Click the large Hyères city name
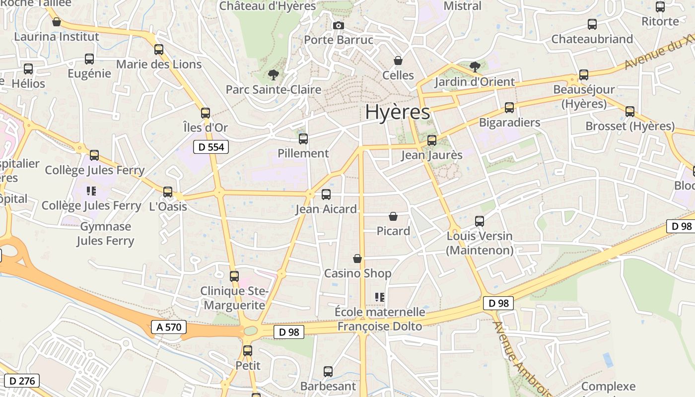coord(398,112)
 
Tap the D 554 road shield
coord(211,146)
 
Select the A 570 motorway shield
coord(169,327)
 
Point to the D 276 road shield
coord(22,381)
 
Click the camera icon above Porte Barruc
coord(339,25)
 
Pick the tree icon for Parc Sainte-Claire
coord(273,75)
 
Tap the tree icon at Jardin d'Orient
coord(475,66)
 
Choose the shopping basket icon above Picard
coord(393,216)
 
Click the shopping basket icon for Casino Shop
coord(357,259)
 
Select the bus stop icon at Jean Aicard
coord(326,195)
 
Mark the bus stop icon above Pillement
coord(303,139)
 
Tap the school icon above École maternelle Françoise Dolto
coord(380,297)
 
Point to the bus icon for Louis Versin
coord(480,221)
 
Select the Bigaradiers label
coord(509,122)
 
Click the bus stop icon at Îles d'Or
coord(206,113)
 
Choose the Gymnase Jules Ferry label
coord(106,234)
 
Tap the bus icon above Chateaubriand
coord(592,24)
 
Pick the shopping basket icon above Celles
coord(398,61)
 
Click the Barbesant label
coord(328,386)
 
